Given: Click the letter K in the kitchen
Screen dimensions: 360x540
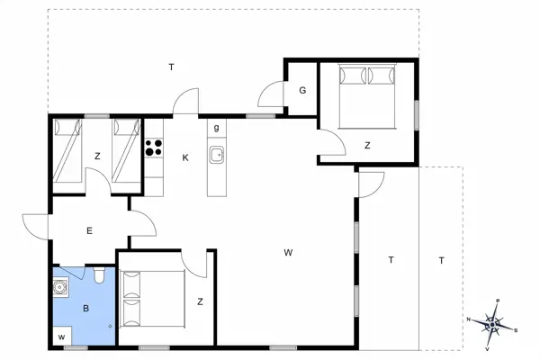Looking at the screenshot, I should (185, 158).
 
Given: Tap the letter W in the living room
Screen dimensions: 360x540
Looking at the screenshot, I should (288, 252).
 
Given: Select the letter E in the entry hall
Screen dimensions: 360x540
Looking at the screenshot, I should (90, 231).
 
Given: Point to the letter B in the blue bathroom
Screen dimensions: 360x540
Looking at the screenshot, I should (86, 308).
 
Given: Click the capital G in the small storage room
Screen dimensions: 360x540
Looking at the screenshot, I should (303, 90).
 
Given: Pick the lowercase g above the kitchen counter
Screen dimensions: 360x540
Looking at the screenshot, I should (216, 128).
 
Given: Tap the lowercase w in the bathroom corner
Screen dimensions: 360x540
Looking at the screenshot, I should (62, 337).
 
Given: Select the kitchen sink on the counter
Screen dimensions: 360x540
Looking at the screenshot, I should (217, 156).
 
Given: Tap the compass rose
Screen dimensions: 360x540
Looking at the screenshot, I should (493, 321).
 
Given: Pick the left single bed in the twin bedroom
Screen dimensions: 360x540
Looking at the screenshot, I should (66, 149).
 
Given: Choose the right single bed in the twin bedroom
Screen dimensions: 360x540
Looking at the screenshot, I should (126, 149).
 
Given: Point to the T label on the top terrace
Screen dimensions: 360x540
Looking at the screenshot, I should (171, 68).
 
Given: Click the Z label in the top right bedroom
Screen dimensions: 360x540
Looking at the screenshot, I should (367, 145).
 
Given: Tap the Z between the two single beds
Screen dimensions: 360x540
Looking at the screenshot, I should (96, 156).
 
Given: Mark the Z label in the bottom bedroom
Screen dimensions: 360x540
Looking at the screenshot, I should (200, 302).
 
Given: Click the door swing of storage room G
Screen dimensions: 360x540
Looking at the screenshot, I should (269, 93).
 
